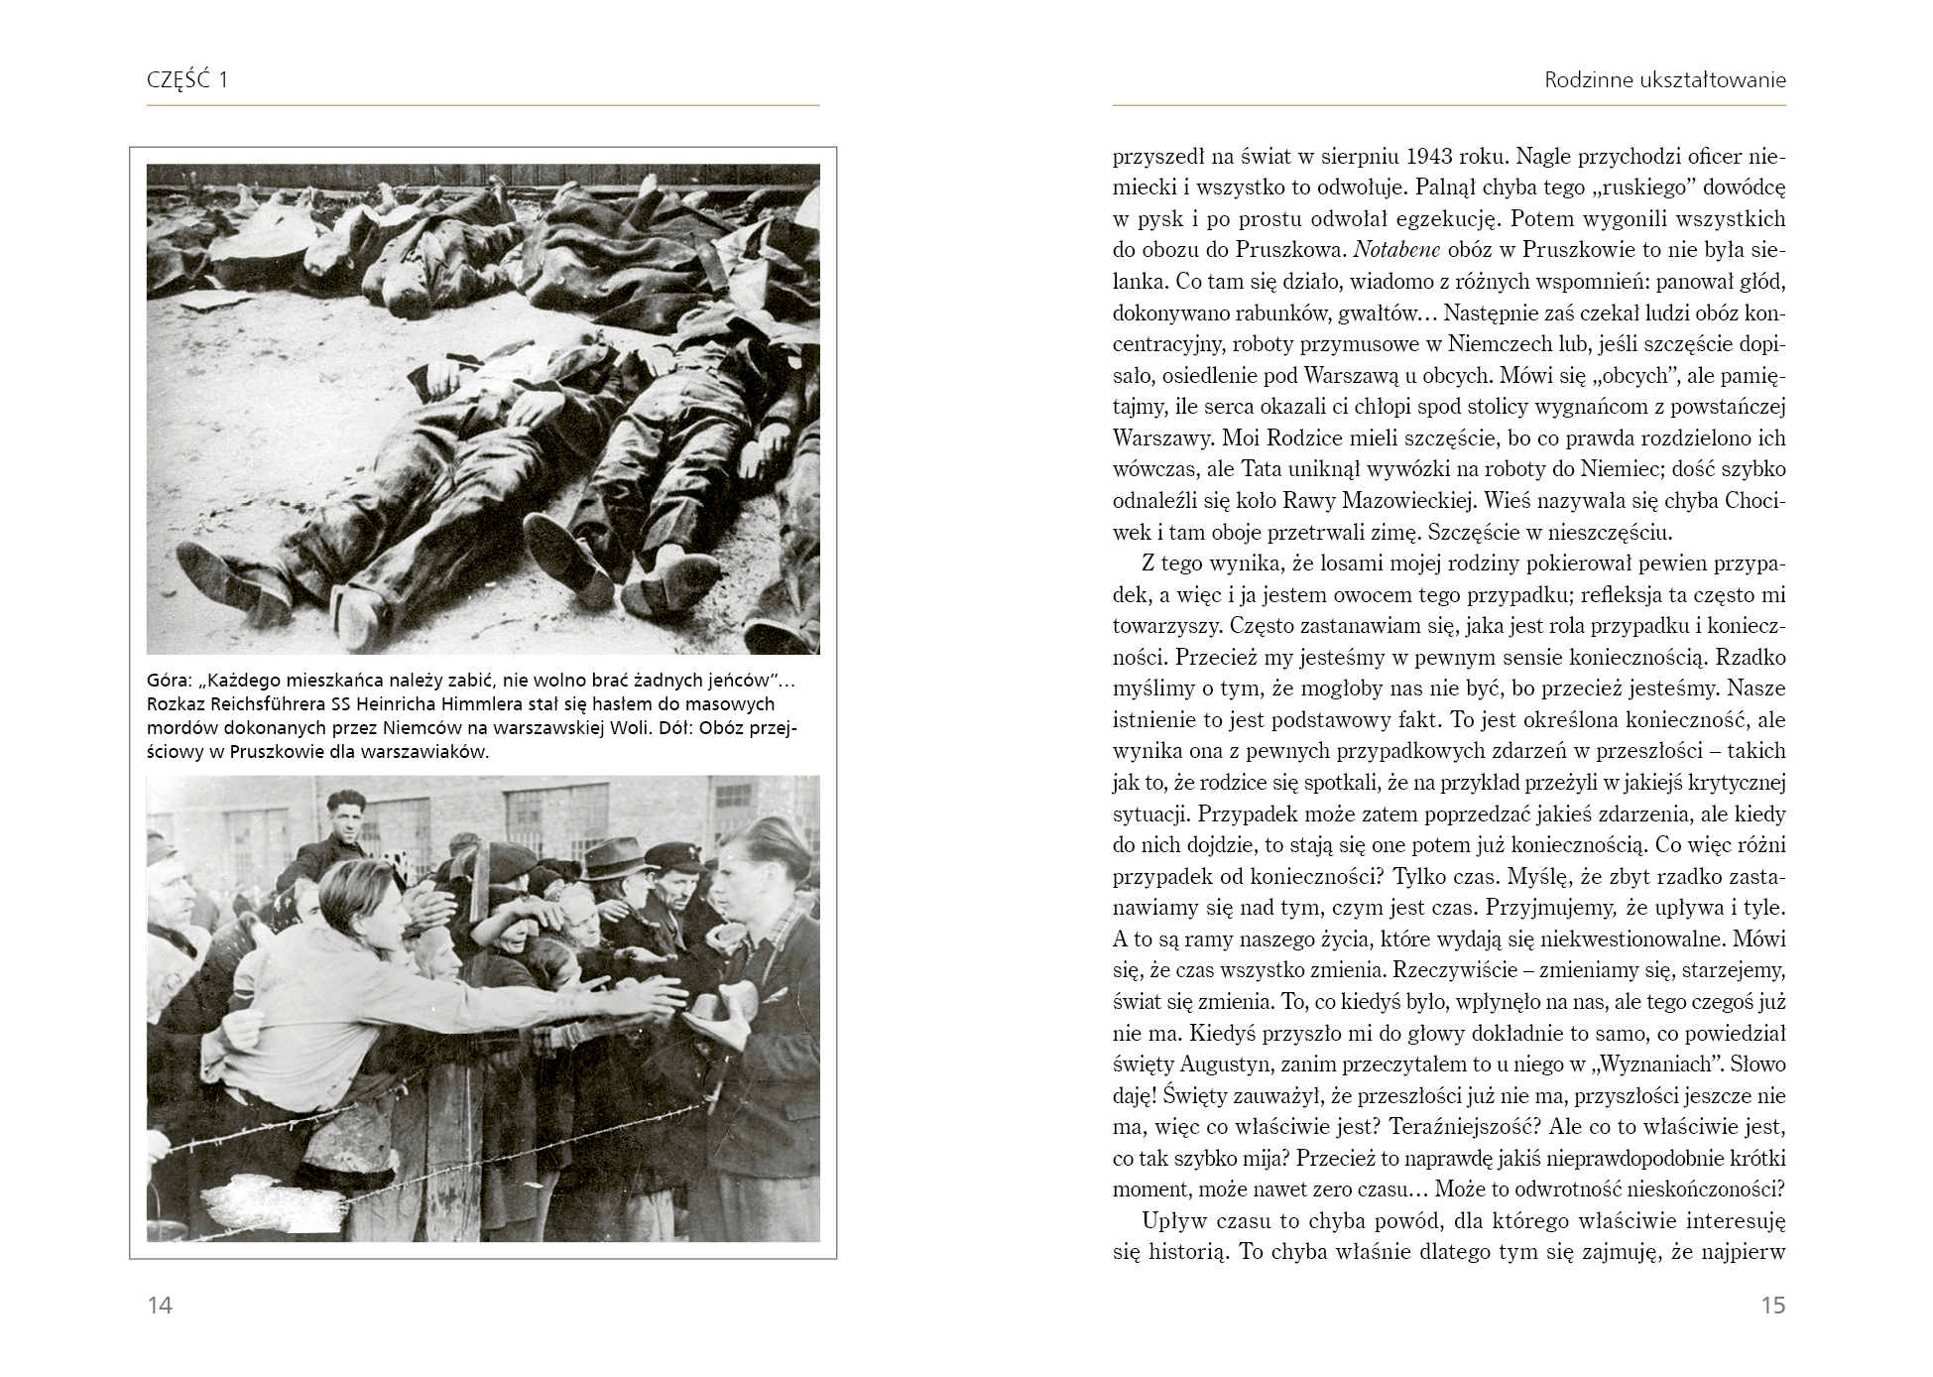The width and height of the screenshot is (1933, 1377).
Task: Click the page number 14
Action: (x=160, y=1305)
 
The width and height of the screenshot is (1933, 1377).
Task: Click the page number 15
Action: (x=1773, y=1305)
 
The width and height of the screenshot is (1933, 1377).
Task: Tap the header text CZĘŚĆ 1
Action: (x=187, y=80)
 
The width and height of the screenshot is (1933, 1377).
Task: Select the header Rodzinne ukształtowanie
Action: (x=1664, y=80)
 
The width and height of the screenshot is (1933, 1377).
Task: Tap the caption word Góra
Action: (x=168, y=681)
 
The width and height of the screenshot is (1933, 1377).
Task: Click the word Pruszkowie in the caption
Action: (x=279, y=751)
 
